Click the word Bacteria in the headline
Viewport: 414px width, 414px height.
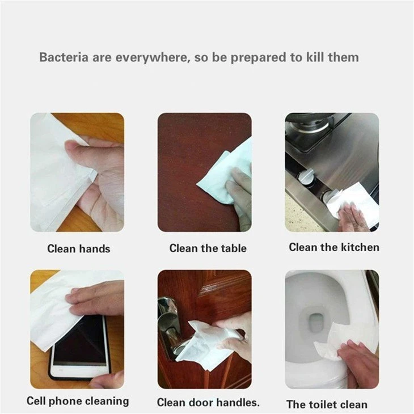coord(64,57)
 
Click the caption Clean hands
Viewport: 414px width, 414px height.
coord(79,249)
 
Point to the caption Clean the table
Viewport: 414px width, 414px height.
coord(208,248)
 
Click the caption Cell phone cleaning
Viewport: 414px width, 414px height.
coord(78,401)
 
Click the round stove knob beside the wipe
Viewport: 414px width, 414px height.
coord(306,176)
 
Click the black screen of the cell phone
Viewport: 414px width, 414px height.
coord(79,341)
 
